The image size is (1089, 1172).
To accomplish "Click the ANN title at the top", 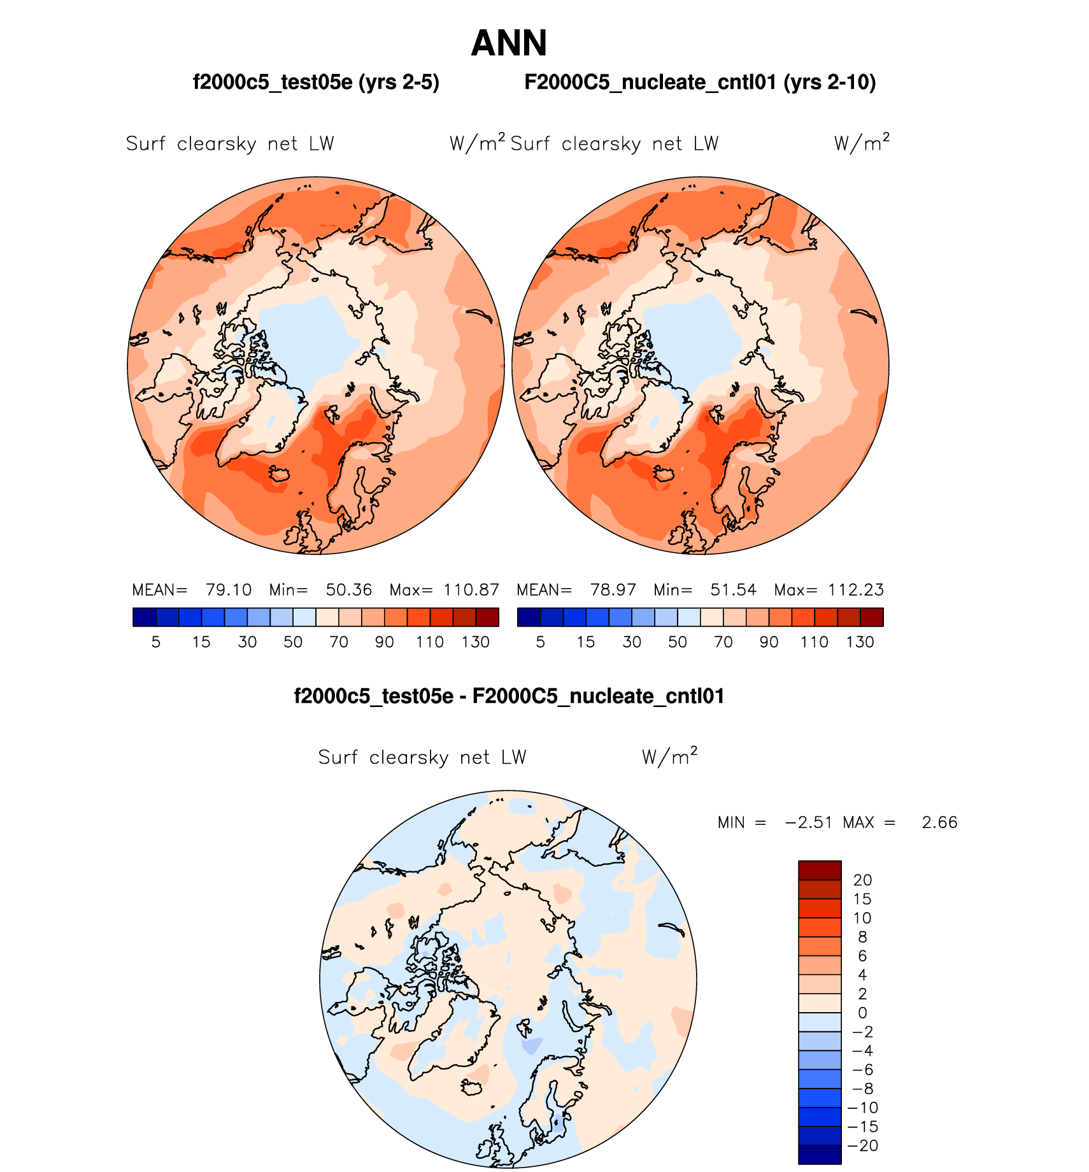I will (x=509, y=43).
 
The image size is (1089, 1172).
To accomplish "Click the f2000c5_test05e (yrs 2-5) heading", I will (x=316, y=83).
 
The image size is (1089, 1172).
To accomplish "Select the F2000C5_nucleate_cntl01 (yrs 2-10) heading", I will (x=700, y=83).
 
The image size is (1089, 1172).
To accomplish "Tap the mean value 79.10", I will (x=229, y=590).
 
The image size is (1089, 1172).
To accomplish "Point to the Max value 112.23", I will (x=855, y=590).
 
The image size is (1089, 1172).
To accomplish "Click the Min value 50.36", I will (x=348, y=590).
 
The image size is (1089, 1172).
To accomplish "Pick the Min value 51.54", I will (x=733, y=590).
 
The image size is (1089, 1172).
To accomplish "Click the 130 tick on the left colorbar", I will (x=475, y=642).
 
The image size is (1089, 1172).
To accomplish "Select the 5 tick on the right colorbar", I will (x=540, y=642).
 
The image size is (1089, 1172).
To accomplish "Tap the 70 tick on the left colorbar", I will (x=339, y=642).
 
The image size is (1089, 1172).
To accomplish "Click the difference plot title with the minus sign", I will (x=509, y=696).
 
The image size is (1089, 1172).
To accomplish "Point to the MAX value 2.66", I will (x=939, y=822).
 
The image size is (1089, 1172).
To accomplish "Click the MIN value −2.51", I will (x=809, y=822).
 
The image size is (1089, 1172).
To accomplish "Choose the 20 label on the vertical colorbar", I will (x=862, y=880).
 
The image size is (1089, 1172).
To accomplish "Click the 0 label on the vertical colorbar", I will (x=862, y=1013).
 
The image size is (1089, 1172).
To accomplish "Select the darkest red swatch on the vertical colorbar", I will (x=820, y=870).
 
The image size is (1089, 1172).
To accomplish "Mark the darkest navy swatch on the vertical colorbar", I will (x=820, y=1155).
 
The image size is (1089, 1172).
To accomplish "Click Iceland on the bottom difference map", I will (x=473, y=1087).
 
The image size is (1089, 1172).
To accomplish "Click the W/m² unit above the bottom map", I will (x=669, y=757).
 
